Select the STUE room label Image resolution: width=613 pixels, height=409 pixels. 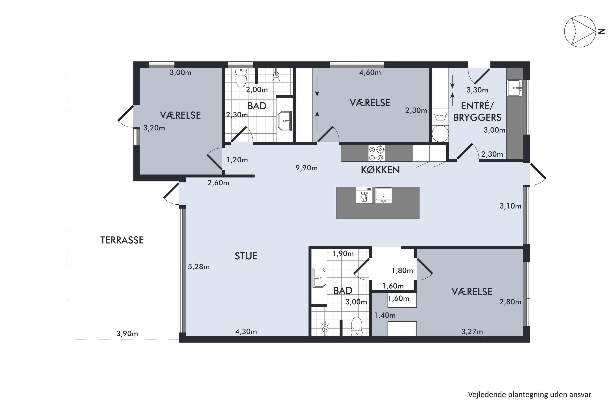[x=246, y=256]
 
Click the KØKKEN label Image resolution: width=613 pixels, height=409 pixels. [x=380, y=170]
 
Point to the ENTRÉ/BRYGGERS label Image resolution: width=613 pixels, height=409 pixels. [x=477, y=112]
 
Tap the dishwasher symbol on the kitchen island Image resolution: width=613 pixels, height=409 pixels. [x=364, y=195]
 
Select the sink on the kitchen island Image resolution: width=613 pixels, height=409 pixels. [x=383, y=195]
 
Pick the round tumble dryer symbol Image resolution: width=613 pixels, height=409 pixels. [x=440, y=134]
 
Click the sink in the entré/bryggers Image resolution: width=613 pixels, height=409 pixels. [x=515, y=88]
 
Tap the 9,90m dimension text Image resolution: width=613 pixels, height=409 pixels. [x=306, y=168]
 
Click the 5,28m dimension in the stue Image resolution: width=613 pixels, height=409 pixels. [x=199, y=267]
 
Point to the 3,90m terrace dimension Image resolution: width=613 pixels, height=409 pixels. [x=127, y=334]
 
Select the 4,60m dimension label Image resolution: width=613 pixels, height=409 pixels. [x=370, y=73]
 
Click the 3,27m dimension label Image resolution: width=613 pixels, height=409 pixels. [x=472, y=331]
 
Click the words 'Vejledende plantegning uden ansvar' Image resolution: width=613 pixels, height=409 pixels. [x=529, y=395]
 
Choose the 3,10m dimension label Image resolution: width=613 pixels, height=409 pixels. [x=510, y=206]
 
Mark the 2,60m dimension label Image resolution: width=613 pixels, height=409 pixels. [x=218, y=183]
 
